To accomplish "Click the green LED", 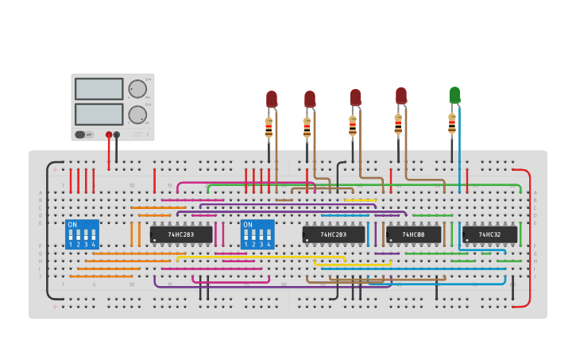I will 454,95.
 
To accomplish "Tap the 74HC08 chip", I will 413,235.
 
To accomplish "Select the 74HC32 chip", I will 489,235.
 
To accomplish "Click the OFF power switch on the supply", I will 83,134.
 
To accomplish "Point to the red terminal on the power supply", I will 109,135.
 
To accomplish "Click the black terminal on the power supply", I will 117,135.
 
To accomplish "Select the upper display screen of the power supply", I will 99,88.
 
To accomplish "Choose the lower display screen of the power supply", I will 99,114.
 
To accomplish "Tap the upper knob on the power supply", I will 137,88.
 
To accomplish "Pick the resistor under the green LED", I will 452,124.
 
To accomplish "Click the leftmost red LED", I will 272,99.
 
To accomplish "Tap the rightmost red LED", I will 401,95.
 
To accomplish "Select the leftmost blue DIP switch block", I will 83,235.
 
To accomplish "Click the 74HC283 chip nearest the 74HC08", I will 334,235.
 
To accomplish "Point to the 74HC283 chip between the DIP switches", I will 181,235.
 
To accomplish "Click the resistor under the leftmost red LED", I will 269,127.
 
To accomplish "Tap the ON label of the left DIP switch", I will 73,225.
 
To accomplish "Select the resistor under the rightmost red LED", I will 398,124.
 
